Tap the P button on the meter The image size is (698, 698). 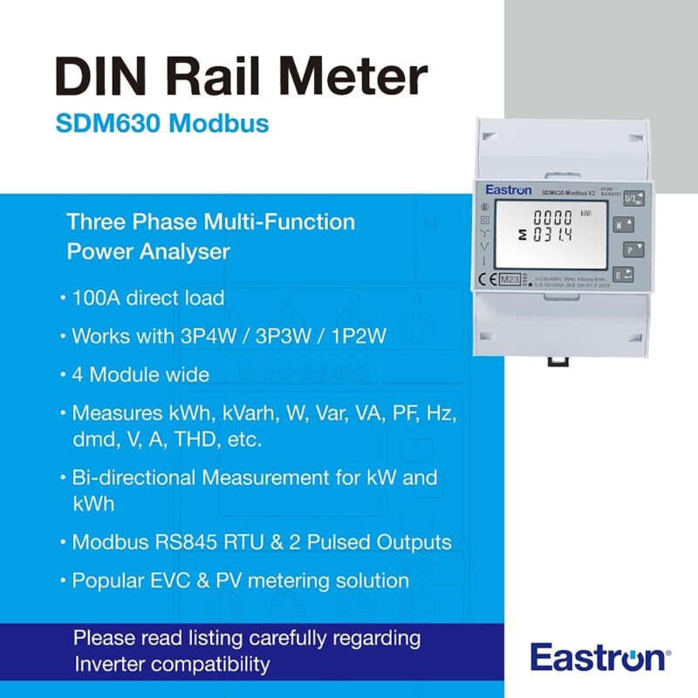pos(631,250)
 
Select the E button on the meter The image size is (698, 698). pos(631,276)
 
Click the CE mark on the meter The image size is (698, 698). pos(484,279)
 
